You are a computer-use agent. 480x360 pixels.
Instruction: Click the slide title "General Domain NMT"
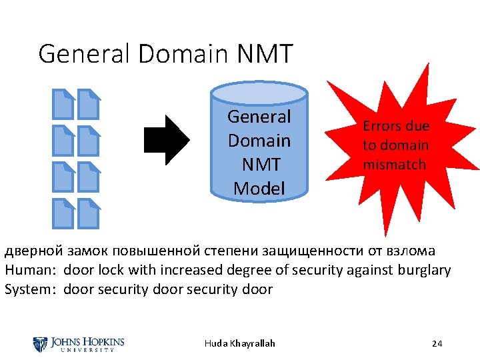[165, 53]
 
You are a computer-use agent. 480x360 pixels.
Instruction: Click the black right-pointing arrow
[167, 140]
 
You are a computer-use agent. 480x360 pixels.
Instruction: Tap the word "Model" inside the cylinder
[259, 189]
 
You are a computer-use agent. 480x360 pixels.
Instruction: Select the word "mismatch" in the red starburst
[394, 165]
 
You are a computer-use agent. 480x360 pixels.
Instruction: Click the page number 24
[437, 343]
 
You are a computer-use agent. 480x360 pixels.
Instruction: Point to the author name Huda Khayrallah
[239, 343]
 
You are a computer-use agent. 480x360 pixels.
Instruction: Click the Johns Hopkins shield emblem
[40, 344]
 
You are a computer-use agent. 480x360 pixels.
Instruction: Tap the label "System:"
[32, 289]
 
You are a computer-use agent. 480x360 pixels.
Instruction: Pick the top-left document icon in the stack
[64, 103]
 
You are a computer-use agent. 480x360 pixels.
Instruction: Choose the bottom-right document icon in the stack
[88, 213]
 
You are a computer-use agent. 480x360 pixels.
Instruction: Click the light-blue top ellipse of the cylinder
[259, 93]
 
